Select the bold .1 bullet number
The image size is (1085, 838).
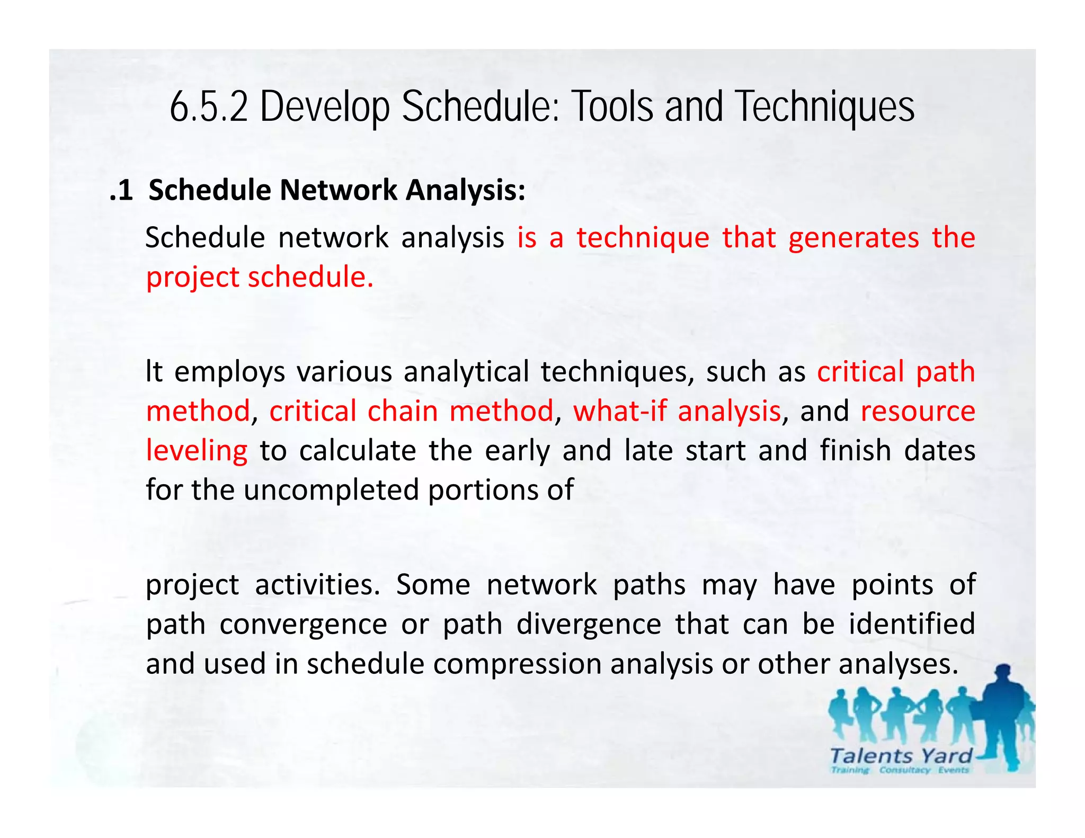pyautogui.click(x=121, y=191)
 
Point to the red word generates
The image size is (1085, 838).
pyautogui.click(x=853, y=238)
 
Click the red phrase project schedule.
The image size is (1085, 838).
pyautogui.click(x=260, y=278)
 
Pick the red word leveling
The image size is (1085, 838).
pyautogui.click(x=197, y=451)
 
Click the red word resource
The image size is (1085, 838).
pyautogui.click(x=918, y=412)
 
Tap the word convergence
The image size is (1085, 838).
pyautogui.click(x=303, y=625)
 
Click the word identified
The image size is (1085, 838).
pyautogui.click(x=912, y=624)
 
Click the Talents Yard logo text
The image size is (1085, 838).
pyautogui.click(x=901, y=756)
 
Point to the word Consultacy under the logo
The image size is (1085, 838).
pyautogui.click(x=904, y=770)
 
